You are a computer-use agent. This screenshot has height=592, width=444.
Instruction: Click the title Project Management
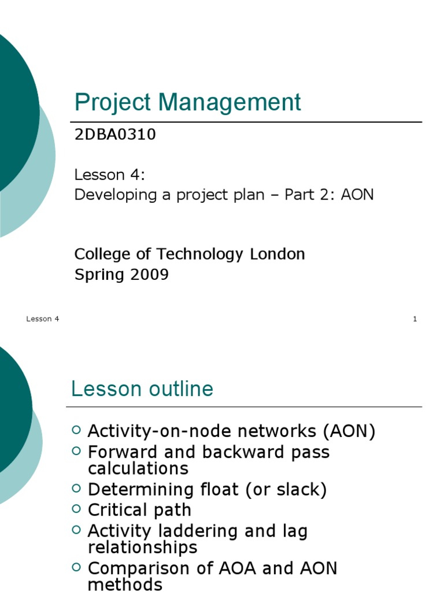187,103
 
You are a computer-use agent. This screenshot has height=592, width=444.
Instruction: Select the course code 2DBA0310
115,135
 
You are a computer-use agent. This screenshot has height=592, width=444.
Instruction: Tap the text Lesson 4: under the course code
109,175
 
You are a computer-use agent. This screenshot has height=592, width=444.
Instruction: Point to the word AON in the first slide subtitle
357,194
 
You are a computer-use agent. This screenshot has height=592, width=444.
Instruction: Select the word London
277,254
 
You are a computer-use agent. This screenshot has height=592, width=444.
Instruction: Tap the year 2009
149,275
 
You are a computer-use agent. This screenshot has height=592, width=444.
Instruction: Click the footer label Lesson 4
43,319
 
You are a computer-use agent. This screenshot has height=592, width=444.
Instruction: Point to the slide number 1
415,319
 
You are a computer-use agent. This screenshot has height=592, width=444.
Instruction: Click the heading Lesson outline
142,389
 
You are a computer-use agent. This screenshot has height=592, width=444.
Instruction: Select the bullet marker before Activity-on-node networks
77,430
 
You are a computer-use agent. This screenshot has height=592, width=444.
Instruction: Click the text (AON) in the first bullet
349,431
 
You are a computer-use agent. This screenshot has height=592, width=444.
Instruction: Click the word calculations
138,468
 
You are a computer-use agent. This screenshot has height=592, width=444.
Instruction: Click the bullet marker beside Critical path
77,509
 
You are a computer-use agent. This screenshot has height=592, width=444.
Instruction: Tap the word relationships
142,547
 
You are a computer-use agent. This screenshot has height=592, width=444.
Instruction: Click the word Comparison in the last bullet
137,568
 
